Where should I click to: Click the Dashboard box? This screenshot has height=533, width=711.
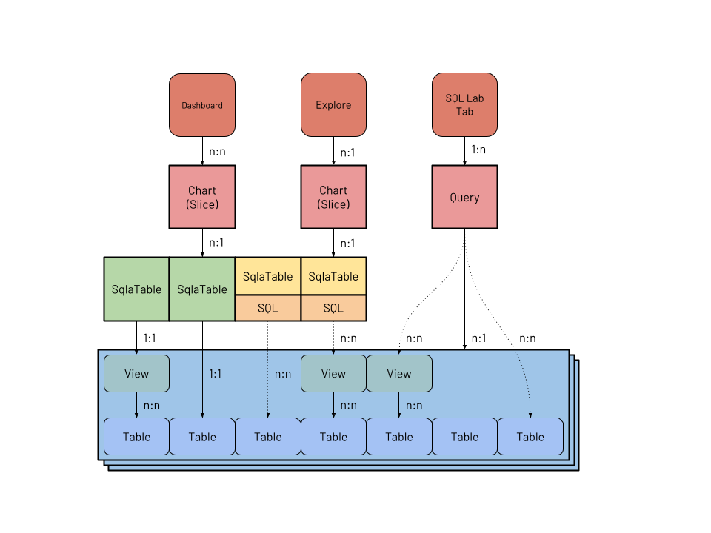coord(202,105)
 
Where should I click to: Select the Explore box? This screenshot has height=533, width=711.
coord(333,105)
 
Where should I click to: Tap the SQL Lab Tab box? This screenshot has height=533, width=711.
coord(464,105)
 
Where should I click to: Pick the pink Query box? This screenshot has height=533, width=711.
coord(464,197)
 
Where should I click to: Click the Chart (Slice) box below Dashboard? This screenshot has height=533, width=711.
coord(202,197)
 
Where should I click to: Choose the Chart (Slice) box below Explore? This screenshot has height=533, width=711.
coord(333,197)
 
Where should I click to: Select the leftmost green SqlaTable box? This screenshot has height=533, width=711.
coord(136,289)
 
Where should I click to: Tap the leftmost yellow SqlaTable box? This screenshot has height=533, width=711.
coord(268,277)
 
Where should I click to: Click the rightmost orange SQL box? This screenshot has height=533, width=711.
coord(333,308)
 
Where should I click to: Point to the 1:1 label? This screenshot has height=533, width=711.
coord(215,374)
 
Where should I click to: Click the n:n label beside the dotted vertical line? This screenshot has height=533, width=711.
coord(283,374)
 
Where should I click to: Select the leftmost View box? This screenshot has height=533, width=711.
coord(136,374)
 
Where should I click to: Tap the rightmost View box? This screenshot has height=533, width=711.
coord(399,374)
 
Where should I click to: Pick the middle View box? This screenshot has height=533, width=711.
coord(333,374)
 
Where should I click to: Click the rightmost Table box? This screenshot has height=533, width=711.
coord(530,437)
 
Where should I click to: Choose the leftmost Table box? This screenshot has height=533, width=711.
coord(136,437)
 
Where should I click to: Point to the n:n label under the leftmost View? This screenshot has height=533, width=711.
coord(152,405)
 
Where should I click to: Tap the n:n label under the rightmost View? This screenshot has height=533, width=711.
coord(414,405)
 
